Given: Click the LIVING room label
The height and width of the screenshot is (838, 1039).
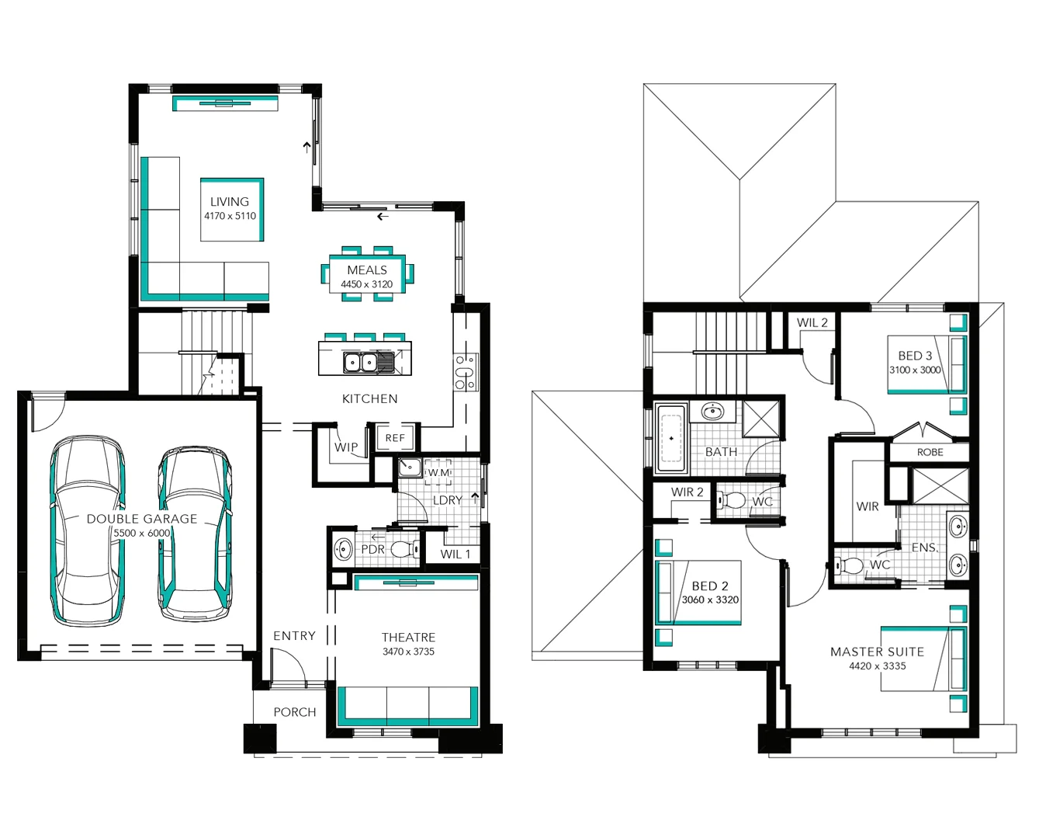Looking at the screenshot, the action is click(x=230, y=201).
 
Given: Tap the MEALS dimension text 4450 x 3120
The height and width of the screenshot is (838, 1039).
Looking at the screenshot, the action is click(x=367, y=284).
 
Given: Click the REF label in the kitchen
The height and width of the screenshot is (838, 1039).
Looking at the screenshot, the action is click(x=395, y=438).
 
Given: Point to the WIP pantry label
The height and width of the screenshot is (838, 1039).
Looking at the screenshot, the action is click(x=346, y=447).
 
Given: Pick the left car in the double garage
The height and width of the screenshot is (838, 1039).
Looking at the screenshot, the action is click(x=88, y=530).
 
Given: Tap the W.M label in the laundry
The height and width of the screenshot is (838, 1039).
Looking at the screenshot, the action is click(x=439, y=472).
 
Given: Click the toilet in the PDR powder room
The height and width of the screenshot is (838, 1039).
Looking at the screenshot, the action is click(x=405, y=549).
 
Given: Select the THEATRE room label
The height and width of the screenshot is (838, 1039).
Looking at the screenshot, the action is click(x=408, y=638).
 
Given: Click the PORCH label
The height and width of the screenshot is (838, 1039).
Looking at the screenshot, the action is click(x=295, y=712).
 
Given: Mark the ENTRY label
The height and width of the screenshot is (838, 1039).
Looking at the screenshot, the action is click(x=295, y=635).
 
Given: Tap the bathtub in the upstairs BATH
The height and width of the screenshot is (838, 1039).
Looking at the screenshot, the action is click(x=671, y=439).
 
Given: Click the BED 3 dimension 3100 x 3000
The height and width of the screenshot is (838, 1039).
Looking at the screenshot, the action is click(x=915, y=370).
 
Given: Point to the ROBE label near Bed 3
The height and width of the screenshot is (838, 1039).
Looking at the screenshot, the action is click(x=930, y=452).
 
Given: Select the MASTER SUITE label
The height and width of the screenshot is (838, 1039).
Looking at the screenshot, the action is click(x=878, y=652).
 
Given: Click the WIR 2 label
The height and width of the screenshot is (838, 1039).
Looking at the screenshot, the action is click(x=687, y=492).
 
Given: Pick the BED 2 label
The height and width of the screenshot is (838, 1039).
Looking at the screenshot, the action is click(x=710, y=586).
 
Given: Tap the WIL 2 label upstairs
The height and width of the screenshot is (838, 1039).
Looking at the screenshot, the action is click(x=812, y=323).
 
